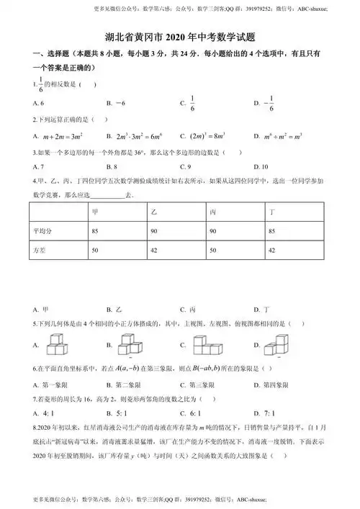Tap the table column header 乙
click(155, 212)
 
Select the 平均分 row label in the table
click(45, 230)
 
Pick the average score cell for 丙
click(214, 230)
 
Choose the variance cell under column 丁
click(271, 250)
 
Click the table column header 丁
click(271, 212)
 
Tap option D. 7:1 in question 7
click(264, 413)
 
